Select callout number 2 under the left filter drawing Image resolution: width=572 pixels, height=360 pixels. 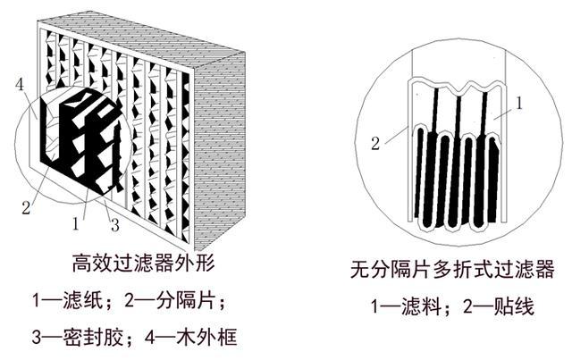click(x=26, y=210)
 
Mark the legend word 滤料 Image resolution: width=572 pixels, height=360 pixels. click(x=419, y=308)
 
